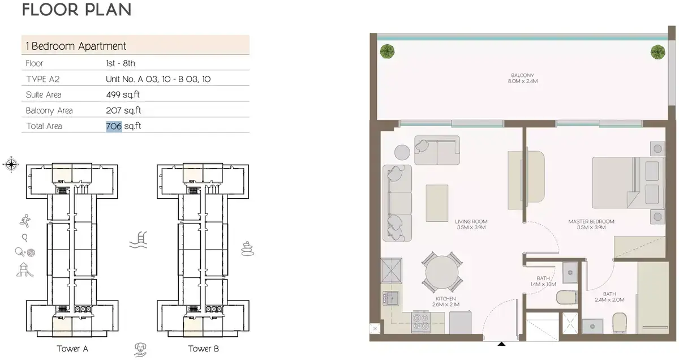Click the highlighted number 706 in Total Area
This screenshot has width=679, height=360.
[x=114, y=126]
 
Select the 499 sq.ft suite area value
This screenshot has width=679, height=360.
[x=123, y=95]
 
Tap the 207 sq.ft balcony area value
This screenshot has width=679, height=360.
[x=123, y=110]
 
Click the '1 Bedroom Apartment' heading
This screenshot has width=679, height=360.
[x=76, y=46]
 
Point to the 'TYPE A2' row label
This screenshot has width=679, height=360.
[x=43, y=79]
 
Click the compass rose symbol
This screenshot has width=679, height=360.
[x=11, y=165]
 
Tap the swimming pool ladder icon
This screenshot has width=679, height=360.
[x=138, y=240]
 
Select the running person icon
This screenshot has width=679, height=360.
[x=25, y=221]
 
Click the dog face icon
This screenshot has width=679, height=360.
[x=140, y=350]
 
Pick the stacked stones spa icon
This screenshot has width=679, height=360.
[x=247, y=249]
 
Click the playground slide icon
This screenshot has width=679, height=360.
[x=24, y=270]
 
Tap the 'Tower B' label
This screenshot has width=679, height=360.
[x=203, y=349]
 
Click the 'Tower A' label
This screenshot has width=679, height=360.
[x=72, y=349]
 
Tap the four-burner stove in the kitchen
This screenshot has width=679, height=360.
[x=420, y=322]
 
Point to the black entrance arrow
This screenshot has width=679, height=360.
[x=501, y=344]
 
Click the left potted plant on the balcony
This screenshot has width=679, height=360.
[x=388, y=52]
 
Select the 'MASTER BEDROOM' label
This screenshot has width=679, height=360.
[x=591, y=222]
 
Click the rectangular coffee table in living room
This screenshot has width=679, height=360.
[x=437, y=203]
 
